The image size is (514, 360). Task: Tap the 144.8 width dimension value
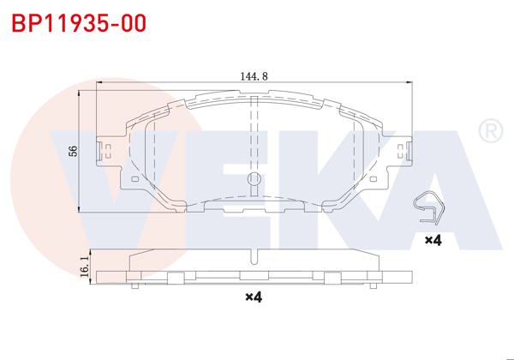point(254,75)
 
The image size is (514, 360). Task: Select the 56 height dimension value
point(74,151)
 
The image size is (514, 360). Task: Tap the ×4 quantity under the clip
point(432,242)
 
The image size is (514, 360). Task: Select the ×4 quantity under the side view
point(253,297)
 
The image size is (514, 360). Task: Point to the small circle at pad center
point(254,179)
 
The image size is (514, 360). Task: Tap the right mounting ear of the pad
point(400,154)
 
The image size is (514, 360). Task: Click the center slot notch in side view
point(254,256)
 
